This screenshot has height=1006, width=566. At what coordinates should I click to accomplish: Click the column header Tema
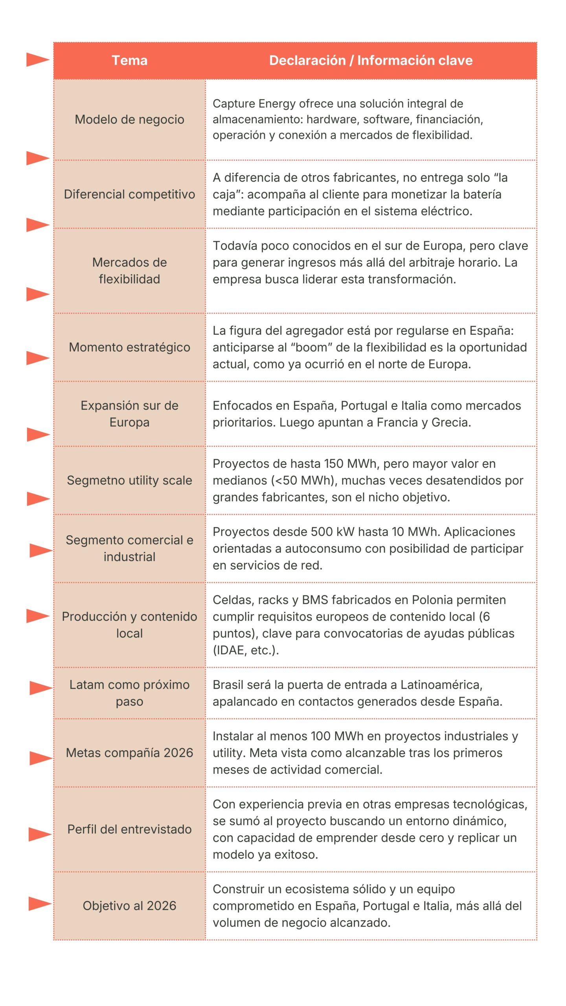coord(129,61)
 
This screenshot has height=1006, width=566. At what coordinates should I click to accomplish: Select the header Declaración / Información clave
coord(370,61)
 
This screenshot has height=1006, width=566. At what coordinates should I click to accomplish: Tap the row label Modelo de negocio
coord(129,119)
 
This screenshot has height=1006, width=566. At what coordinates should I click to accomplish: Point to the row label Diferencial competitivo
coord(129,194)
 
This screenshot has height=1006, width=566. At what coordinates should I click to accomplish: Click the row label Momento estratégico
coord(129,347)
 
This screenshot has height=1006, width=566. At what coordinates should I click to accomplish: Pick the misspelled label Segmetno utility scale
coord(129,480)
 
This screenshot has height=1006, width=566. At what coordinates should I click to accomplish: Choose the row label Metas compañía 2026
coord(129,753)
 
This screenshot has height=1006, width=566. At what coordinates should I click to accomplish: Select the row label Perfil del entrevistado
coord(129,829)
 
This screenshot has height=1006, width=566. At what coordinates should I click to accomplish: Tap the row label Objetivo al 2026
coord(129,905)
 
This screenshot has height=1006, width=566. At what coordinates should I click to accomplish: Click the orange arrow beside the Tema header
coord(38,60)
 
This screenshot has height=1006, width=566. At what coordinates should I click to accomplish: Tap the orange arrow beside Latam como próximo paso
coord(41,688)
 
